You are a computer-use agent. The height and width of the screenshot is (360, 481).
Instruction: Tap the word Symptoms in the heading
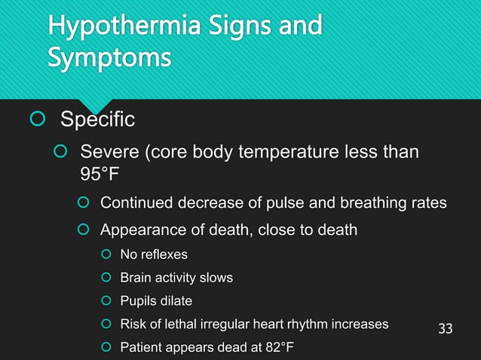click(109, 58)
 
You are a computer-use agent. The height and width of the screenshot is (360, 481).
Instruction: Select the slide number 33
click(446, 328)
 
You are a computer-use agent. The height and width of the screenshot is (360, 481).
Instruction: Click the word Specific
click(97, 119)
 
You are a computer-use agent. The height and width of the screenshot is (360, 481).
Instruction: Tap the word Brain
click(136, 278)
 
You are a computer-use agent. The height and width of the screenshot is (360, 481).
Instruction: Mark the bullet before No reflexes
click(106, 255)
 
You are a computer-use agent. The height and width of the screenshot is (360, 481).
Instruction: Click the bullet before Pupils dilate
click(106, 301)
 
